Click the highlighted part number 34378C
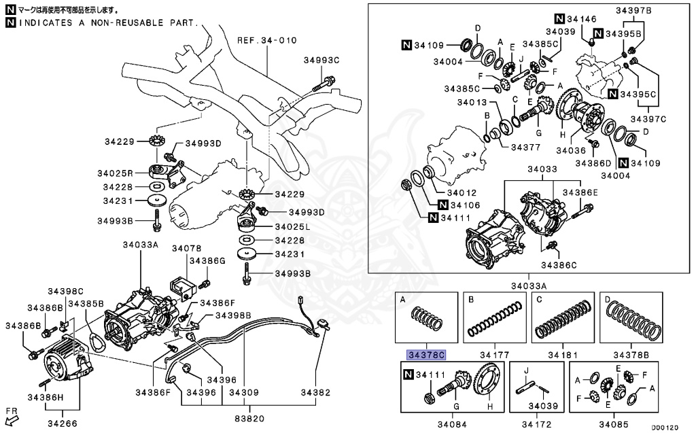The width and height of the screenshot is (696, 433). (426, 355)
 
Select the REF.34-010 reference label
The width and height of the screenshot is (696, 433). (266, 40)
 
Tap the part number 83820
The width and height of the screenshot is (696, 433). (249, 418)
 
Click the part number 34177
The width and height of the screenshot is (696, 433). (494, 355)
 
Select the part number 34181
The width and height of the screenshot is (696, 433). (563, 355)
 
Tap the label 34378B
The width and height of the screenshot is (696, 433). (631, 355)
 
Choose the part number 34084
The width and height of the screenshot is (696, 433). (452, 424)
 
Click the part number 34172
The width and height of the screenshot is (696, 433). (537, 424)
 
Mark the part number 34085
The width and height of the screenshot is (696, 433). (614, 424)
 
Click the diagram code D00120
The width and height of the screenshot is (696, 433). (665, 428)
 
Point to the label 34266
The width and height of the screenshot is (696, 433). (62, 423)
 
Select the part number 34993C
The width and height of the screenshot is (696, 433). (321, 60)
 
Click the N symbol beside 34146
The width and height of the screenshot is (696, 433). (559, 18)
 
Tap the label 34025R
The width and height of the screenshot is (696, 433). (116, 173)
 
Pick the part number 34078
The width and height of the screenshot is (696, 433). (187, 248)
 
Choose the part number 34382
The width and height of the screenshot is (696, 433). (315, 392)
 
